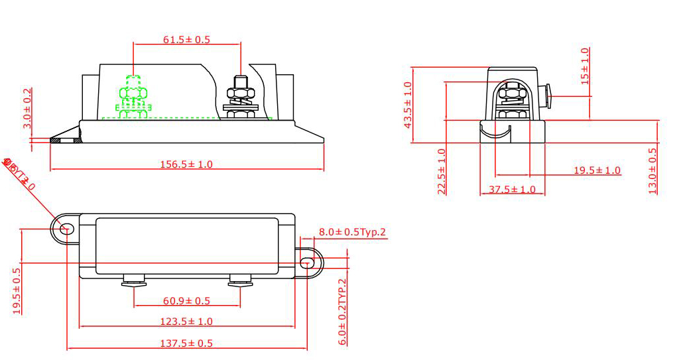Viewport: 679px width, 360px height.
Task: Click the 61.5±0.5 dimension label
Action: pyautogui.click(x=186, y=40)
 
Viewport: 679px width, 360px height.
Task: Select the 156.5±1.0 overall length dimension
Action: pyautogui.click(x=186, y=164)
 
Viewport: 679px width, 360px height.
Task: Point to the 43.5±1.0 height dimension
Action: pyautogui.click(x=408, y=105)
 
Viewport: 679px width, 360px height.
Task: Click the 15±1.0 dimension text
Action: pyautogui.click(x=584, y=66)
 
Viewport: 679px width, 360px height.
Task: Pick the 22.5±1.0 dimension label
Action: pyautogui.click(x=442, y=171)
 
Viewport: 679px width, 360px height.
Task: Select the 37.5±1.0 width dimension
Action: pyautogui.click(x=512, y=190)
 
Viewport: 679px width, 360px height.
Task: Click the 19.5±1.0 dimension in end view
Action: pyautogui.click(x=597, y=170)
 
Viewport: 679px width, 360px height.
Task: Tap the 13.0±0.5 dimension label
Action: pyautogui.click(x=652, y=170)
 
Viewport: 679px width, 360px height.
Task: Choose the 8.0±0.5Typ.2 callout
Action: pyautogui.click(x=352, y=232)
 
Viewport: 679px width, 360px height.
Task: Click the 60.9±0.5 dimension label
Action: pyautogui.click(x=186, y=301)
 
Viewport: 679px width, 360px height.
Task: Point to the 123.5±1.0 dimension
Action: pyautogui.click(x=186, y=322)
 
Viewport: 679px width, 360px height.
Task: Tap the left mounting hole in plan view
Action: pyautogui.click(x=66, y=229)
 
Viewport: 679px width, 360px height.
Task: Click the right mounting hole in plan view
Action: pyautogui.click(x=306, y=263)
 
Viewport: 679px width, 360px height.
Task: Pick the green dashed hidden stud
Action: pyautogui.click(x=134, y=98)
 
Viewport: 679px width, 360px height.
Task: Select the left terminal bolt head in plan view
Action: pyautogui.click(x=134, y=282)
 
